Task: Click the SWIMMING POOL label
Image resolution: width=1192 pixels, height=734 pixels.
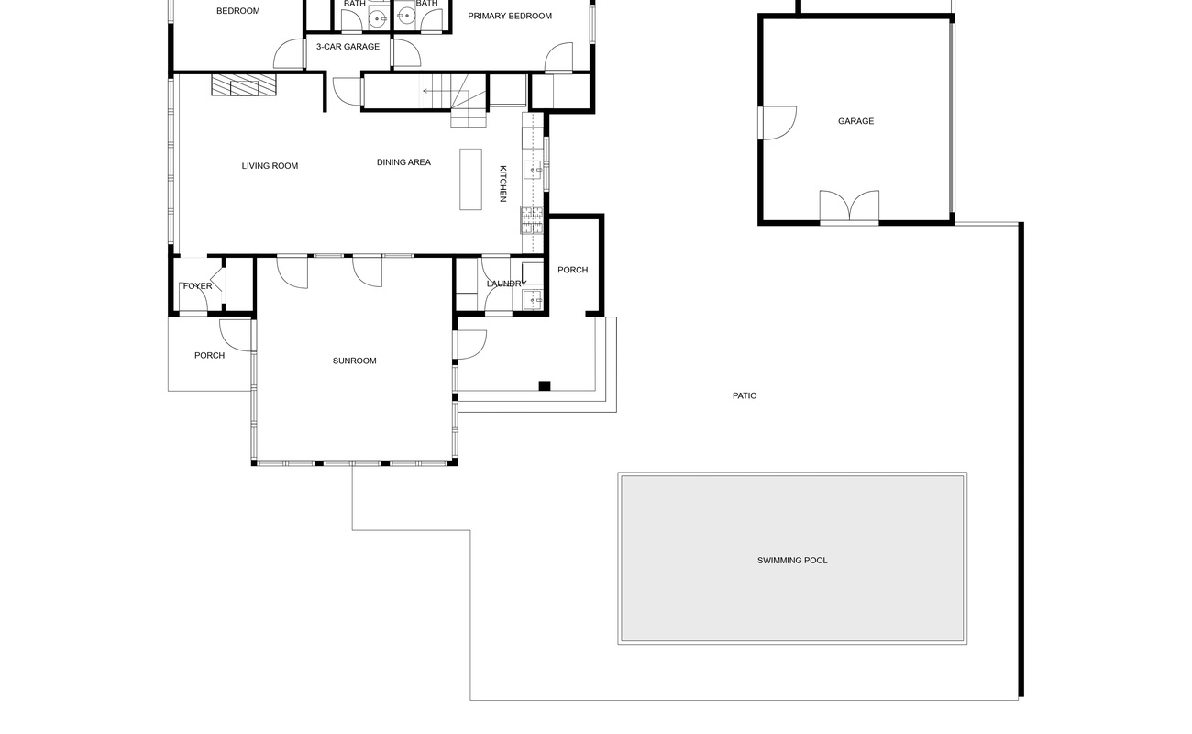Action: pos(792,561)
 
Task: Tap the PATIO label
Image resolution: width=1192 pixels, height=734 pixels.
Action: pos(745,396)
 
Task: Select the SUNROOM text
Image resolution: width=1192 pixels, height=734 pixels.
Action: pos(354,361)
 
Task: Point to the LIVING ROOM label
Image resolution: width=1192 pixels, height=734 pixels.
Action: pos(270,166)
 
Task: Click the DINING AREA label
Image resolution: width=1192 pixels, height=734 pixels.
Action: pos(403,162)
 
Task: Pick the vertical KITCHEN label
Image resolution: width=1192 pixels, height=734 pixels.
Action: pos(503,183)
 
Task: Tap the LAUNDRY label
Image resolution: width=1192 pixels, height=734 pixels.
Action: pos(506,284)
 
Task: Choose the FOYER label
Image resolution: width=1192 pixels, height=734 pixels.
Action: pos(197,286)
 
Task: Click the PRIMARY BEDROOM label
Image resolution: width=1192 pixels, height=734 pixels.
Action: pos(510,16)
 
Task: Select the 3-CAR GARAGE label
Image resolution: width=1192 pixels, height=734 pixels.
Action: pos(348,47)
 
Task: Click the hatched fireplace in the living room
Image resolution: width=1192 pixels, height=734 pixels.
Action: pos(244,85)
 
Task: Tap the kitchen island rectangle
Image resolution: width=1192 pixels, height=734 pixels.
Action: pos(470,179)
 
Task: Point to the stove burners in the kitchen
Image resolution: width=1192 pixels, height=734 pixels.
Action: pos(532,219)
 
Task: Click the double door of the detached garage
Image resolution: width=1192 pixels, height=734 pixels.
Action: pos(849,206)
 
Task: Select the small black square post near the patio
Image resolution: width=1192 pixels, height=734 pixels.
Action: pos(544,386)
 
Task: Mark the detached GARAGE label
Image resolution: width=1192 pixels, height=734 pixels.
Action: pos(855,121)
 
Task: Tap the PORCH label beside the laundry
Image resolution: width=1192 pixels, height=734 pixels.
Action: pos(573,271)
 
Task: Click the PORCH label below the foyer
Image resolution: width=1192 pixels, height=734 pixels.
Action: pos(209,356)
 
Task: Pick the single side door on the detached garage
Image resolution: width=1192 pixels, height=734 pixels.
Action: pos(778,123)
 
